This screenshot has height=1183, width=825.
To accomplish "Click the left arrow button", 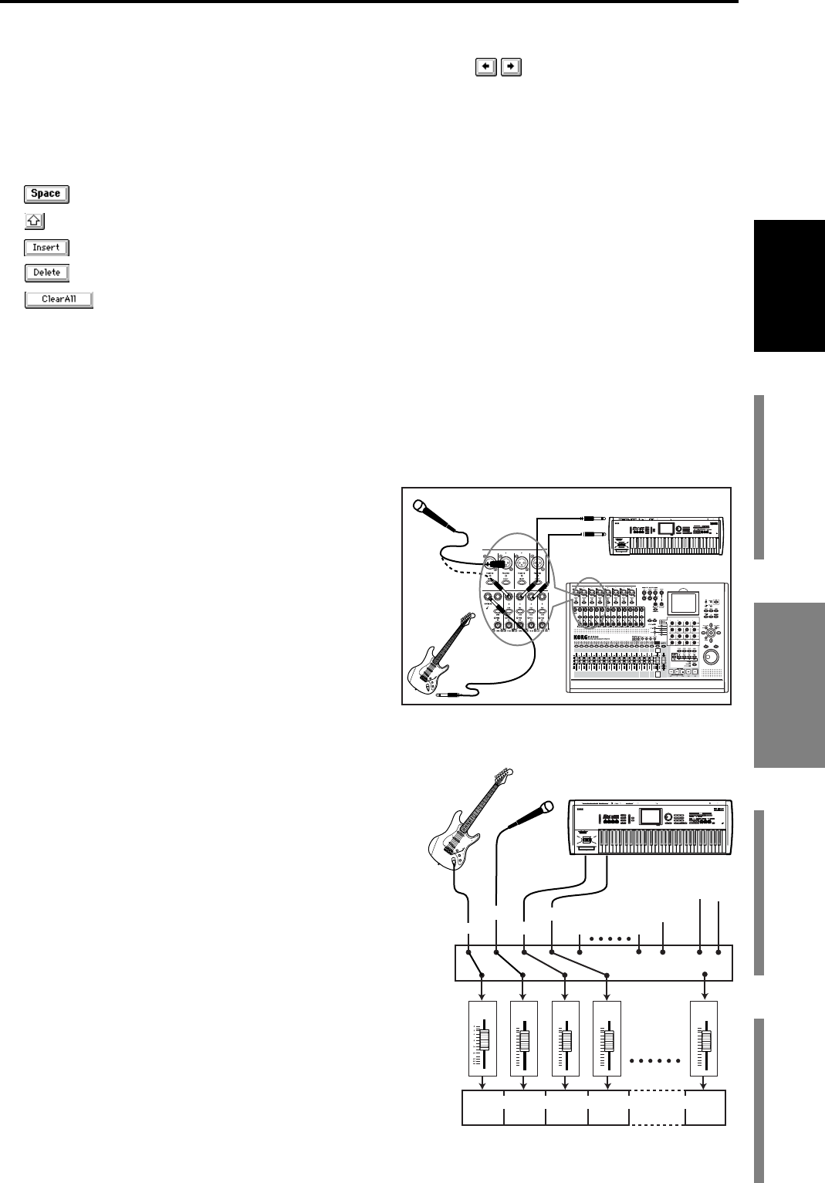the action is [485, 67].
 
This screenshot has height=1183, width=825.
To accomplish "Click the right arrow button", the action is [510, 67].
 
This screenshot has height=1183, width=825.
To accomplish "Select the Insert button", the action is [46, 248].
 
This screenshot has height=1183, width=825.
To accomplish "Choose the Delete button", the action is [46, 272].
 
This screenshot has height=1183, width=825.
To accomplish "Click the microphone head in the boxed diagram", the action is [421, 508].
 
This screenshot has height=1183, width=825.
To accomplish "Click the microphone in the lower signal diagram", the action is [533, 816].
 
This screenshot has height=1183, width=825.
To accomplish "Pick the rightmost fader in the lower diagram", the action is [704, 1040].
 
